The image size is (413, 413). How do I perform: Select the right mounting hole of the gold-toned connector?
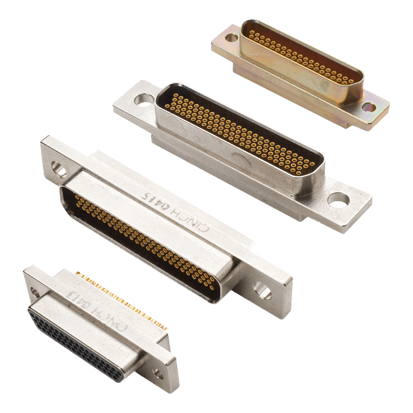[x=369, y=107]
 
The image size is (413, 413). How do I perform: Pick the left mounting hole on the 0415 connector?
[x=58, y=168]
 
